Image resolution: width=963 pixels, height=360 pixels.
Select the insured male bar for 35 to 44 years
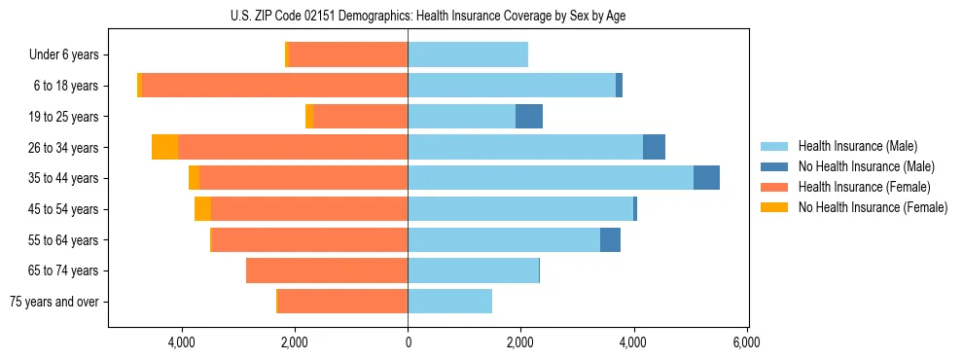coord(551,177)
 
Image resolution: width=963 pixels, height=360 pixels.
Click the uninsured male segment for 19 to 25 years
coord(528,116)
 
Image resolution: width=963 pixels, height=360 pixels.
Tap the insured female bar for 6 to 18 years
coord(274,85)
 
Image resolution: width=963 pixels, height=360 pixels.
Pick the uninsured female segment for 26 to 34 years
coord(164,147)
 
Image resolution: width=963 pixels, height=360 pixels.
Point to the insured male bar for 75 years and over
coord(449,301)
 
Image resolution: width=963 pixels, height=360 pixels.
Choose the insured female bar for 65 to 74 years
coord(327,270)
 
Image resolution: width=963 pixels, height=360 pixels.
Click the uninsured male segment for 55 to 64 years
coord(610,239)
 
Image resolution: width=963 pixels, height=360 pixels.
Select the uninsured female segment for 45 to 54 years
coord(202,208)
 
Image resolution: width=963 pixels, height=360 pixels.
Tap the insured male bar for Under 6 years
coord(468,54)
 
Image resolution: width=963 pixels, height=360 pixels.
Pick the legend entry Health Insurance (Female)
coord(864,187)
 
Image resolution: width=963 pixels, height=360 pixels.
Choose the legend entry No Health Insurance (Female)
coord(873,207)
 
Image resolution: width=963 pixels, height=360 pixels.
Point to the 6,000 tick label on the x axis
coord(746,342)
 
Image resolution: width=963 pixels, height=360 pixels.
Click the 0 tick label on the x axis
coord(408,342)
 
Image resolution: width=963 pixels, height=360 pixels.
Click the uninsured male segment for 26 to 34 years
coord(654,147)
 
